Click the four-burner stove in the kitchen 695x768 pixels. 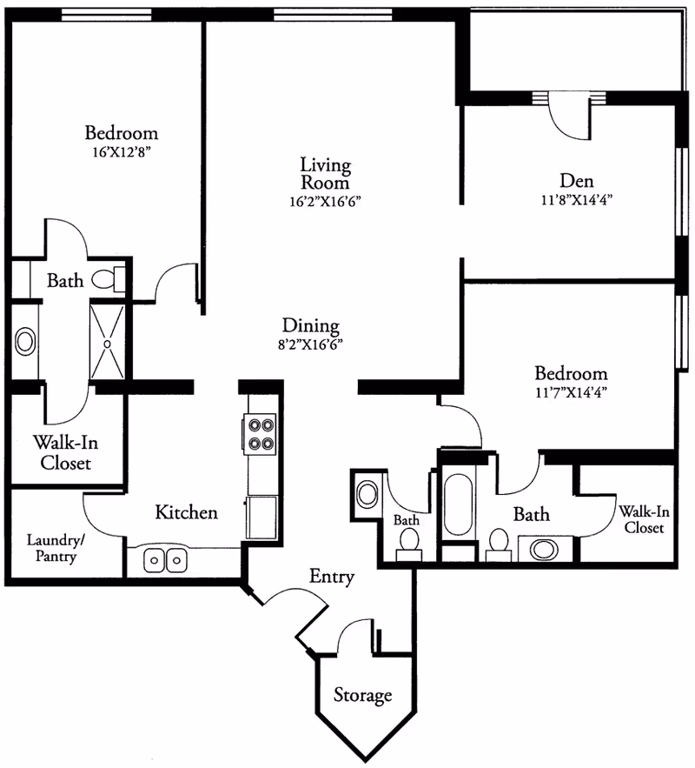point(258,434)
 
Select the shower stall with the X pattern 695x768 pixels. point(108,342)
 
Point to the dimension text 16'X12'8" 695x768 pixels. point(121,151)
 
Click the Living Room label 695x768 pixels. point(325,173)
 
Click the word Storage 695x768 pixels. point(362,696)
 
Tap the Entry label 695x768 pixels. point(332,577)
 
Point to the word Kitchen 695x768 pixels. point(186,512)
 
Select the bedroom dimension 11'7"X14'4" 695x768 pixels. point(570,391)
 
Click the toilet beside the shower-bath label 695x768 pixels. point(107,280)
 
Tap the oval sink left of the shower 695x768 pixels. point(25,341)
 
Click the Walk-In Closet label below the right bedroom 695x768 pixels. point(643,519)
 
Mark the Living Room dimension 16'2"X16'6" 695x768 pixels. point(325,200)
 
